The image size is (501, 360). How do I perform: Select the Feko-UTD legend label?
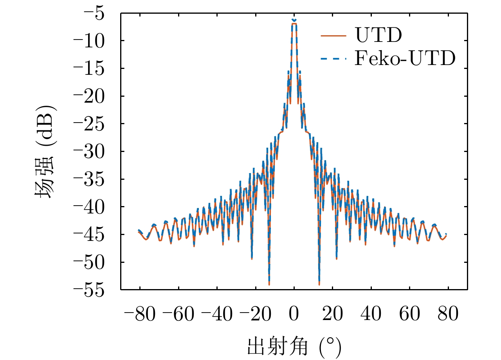(405, 59)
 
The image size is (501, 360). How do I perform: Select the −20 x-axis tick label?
(255, 315)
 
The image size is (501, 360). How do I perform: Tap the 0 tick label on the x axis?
(294, 315)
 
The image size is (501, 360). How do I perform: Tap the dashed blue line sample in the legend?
(333, 59)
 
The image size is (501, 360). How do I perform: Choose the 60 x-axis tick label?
(409, 315)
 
